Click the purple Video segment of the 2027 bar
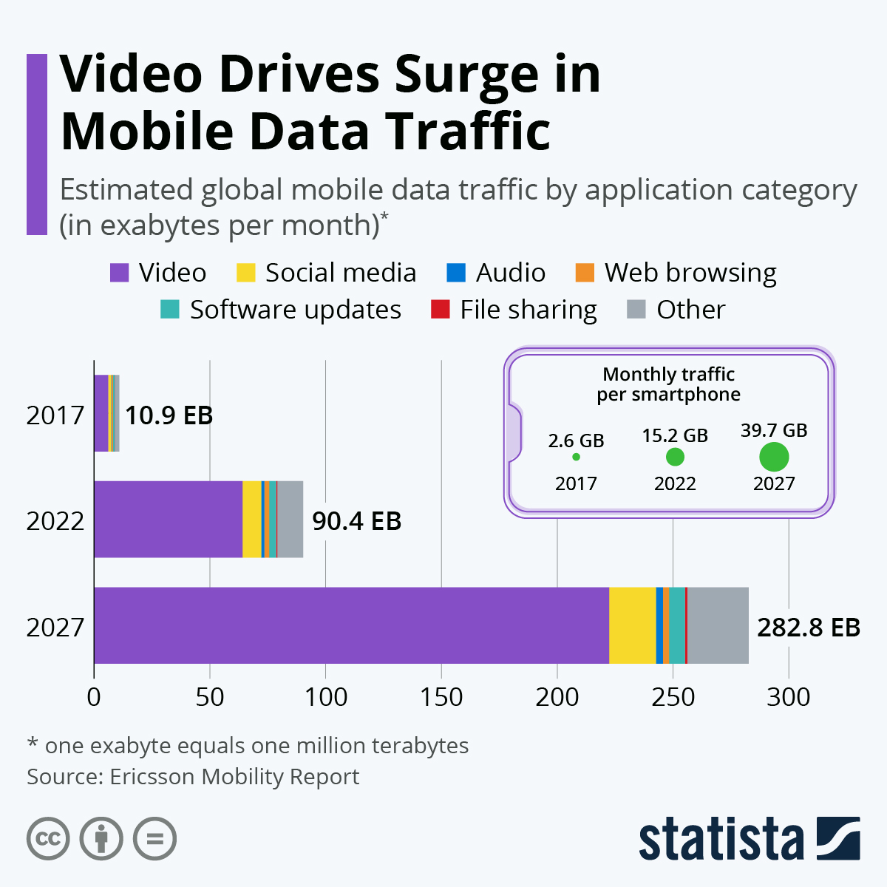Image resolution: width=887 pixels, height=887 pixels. [351, 625]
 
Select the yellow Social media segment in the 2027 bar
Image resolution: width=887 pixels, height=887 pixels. [632, 625]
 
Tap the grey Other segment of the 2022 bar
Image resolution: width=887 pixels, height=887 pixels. [290, 519]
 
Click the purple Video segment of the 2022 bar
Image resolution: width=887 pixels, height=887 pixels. [169, 519]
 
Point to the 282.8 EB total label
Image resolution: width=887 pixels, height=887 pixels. [809, 627]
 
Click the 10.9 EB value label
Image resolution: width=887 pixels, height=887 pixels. [169, 415]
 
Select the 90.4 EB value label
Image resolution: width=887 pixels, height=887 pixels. [356, 521]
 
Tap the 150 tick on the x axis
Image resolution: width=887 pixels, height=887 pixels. [441, 697]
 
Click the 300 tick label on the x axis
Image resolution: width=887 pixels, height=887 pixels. [788, 697]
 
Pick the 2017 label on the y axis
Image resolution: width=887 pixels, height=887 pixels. [55, 415]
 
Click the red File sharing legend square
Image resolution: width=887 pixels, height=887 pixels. [440, 309]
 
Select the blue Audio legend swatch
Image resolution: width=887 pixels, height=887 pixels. [456, 272]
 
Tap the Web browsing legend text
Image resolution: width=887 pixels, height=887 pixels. [690, 272]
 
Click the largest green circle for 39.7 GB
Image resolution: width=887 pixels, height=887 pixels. [774, 457]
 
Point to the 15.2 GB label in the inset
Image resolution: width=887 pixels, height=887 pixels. [675, 435]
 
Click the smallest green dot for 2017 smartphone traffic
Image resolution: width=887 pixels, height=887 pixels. [576, 457]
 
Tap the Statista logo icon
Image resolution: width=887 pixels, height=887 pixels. [838, 838]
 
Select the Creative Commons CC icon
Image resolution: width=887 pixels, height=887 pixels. [48, 839]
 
